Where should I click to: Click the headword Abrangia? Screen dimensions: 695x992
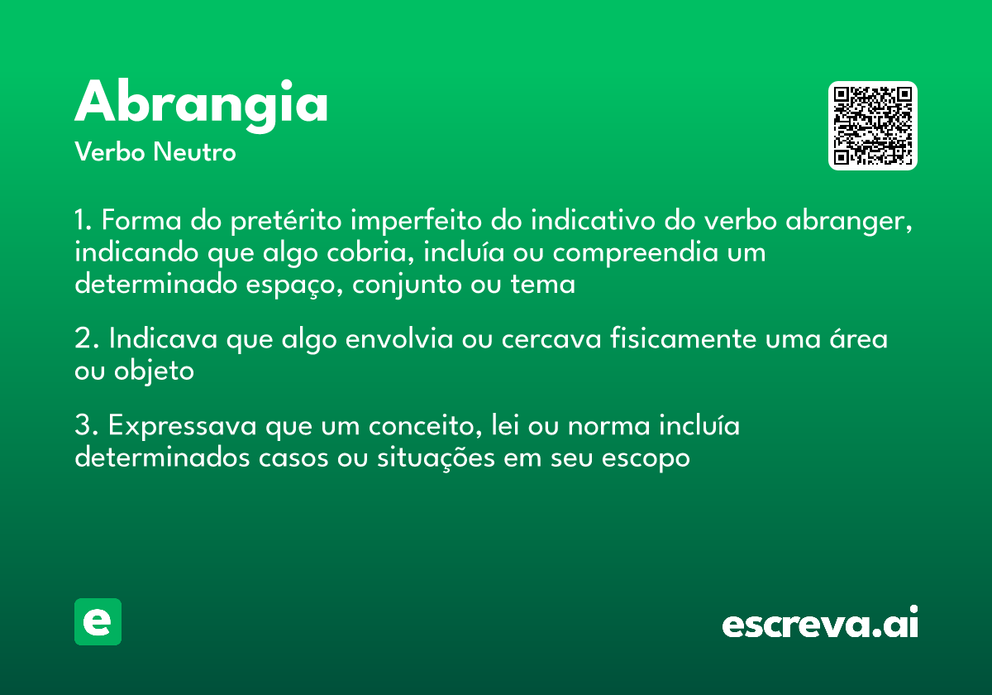pyautogui.click(x=202, y=103)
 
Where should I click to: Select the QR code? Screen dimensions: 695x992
pyautogui.click(x=872, y=126)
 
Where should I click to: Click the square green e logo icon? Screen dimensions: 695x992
pyautogui.click(x=98, y=621)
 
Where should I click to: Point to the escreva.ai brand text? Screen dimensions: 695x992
pyautogui.click(x=820, y=624)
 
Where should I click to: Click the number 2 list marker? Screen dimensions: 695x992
pyautogui.click(x=83, y=339)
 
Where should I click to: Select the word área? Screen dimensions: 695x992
pyautogui.click(x=857, y=339)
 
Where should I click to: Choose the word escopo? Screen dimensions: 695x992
pyautogui.click(x=648, y=457)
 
